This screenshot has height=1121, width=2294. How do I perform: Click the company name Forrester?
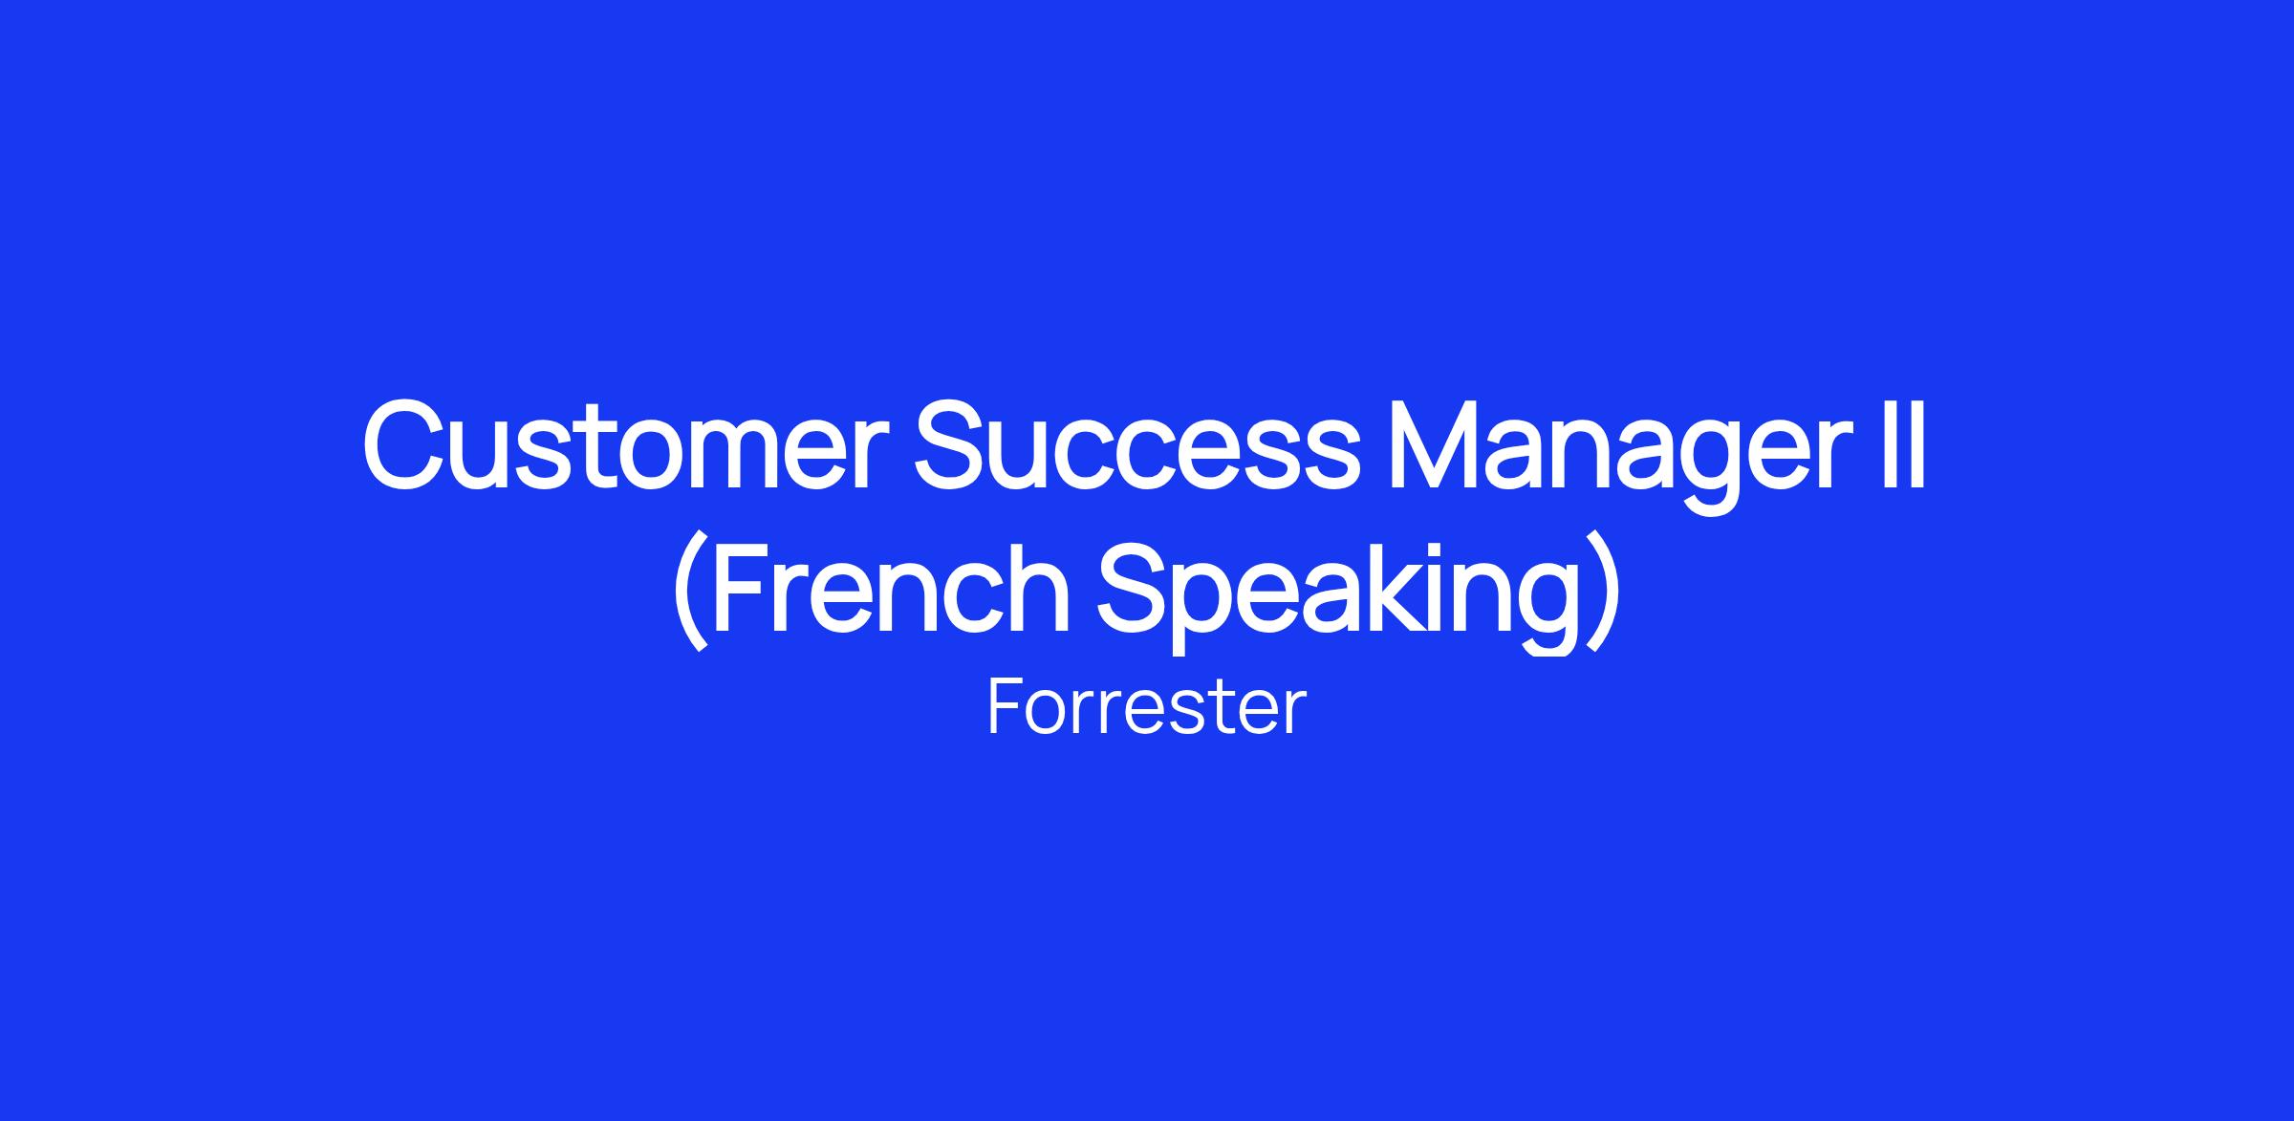[x=1146, y=707]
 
